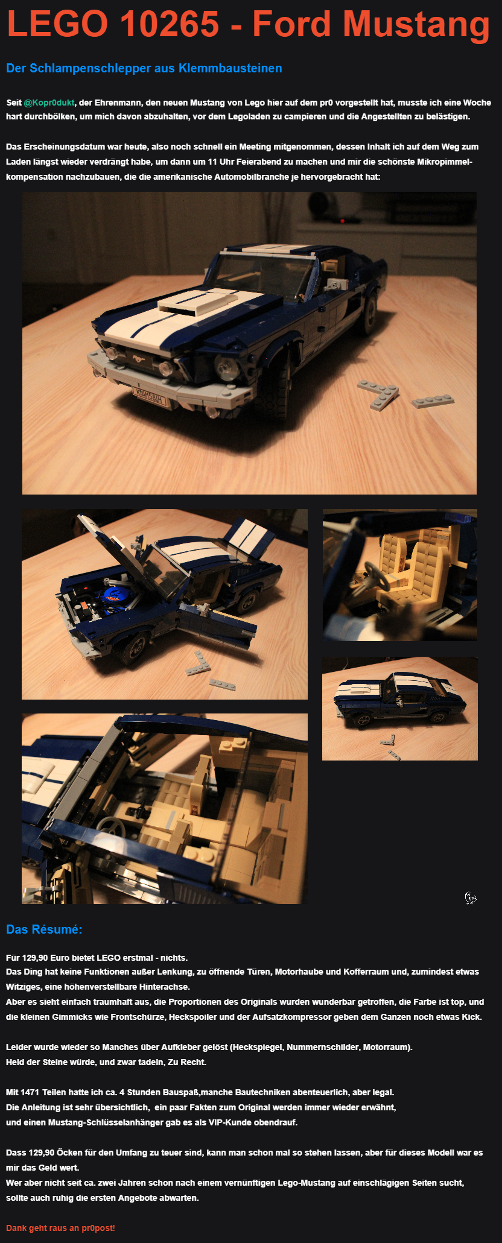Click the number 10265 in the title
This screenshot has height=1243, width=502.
point(170,24)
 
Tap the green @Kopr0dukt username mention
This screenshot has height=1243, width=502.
point(49,103)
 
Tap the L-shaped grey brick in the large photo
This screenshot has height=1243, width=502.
point(378,394)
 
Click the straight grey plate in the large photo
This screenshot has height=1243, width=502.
point(433,400)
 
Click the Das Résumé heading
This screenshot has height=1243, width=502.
point(44,929)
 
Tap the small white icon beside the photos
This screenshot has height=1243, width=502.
point(471,898)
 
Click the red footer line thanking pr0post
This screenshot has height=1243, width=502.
point(60,1228)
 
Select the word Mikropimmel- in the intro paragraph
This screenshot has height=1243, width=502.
point(445,162)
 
